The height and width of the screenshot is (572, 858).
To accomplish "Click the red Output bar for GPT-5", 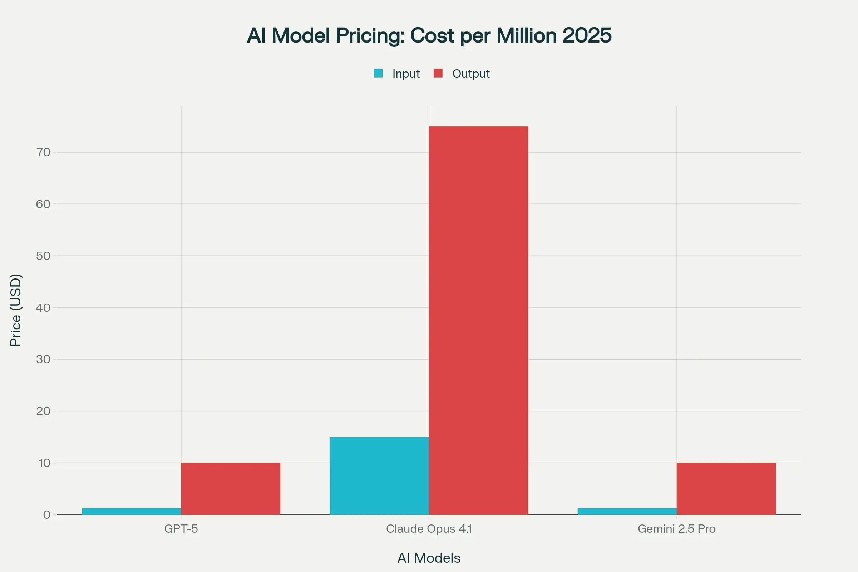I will pyautogui.click(x=231, y=489).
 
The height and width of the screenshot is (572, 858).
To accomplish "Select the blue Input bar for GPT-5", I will pyautogui.click(x=131, y=512).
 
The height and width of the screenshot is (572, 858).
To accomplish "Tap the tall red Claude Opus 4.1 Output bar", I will pyautogui.click(x=478, y=320).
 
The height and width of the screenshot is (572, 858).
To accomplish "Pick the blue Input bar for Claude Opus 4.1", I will pyautogui.click(x=379, y=476).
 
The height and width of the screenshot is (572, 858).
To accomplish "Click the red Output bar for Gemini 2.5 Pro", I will pyautogui.click(x=726, y=489).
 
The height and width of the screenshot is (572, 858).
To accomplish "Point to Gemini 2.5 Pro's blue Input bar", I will pyautogui.click(x=627, y=512).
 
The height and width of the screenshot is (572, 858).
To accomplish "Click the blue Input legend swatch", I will pyautogui.click(x=378, y=73).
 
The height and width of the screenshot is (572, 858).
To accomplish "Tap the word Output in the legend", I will pyautogui.click(x=470, y=74).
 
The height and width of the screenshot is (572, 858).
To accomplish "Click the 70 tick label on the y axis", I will pyautogui.click(x=43, y=152).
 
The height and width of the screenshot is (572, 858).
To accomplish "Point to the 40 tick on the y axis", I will pyautogui.click(x=43, y=307).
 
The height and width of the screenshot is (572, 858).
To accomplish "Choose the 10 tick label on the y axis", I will pyautogui.click(x=44, y=463).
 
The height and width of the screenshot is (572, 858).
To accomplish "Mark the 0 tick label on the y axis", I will pyautogui.click(x=47, y=515).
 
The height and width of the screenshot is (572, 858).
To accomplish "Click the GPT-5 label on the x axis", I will pyautogui.click(x=181, y=529).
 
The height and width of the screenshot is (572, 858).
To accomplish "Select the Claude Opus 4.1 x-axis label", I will pyautogui.click(x=429, y=529).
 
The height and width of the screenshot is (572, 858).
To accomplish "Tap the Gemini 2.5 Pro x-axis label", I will pyautogui.click(x=676, y=529).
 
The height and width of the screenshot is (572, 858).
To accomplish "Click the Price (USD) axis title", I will pyautogui.click(x=16, y=310).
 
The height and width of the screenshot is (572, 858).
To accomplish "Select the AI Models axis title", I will pyautogui.click(x=429, y=558).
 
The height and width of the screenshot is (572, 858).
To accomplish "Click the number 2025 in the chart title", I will pyautogui.click(x=587, y=35).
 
